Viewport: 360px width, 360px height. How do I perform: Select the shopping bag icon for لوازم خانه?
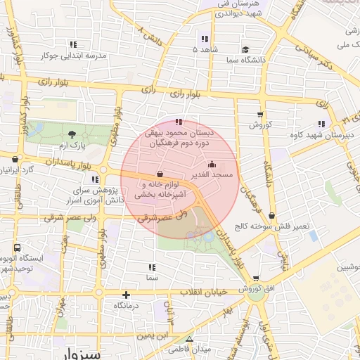(x=160, y=174)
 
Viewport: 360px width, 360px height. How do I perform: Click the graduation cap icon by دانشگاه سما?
(x=245, y=49)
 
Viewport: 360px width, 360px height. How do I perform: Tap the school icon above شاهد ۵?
(x=204, y=39)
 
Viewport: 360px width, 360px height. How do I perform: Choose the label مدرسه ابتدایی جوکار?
(x=73, y=55)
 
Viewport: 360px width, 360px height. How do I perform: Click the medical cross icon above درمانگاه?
(x=126, y=295)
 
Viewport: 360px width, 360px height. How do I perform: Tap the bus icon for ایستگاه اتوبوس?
(x=16, y=248)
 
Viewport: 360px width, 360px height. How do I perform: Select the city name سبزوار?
(x=81, y=353)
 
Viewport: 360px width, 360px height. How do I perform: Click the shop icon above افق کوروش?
(x=255, y=278)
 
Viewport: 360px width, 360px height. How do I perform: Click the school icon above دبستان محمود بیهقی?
(x=186, y=121)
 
